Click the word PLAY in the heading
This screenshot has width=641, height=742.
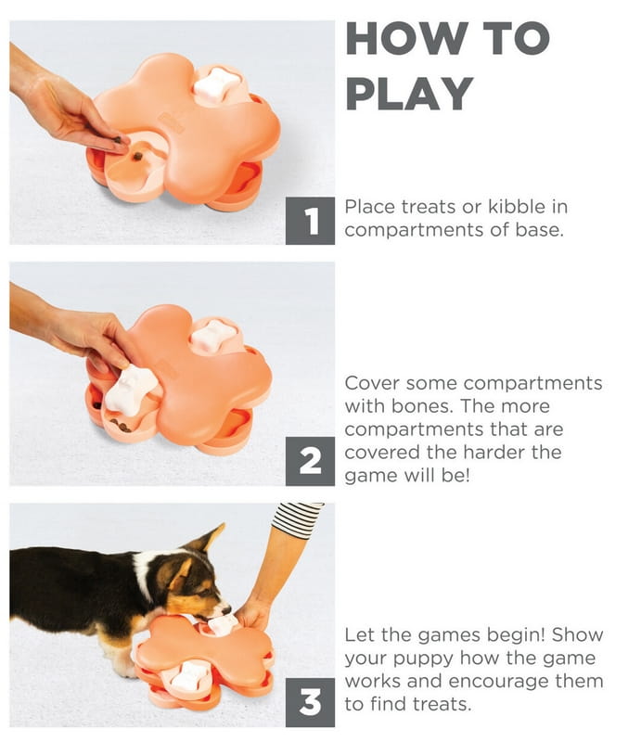pos(409,94)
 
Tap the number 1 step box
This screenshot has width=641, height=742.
pos(310,221)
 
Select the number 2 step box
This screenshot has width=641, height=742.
pos(310,461)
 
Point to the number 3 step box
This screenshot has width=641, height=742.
pos(310,703)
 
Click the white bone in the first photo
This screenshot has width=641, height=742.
pos(216,85)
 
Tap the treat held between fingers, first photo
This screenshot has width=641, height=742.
pos(118,140)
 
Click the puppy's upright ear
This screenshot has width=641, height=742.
pos(207,538)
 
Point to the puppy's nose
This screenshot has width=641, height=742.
pos(226,609)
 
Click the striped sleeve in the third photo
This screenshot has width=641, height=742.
pos(297,518)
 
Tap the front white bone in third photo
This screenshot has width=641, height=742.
pos(189,677)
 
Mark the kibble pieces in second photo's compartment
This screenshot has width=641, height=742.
pos(120,424)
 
